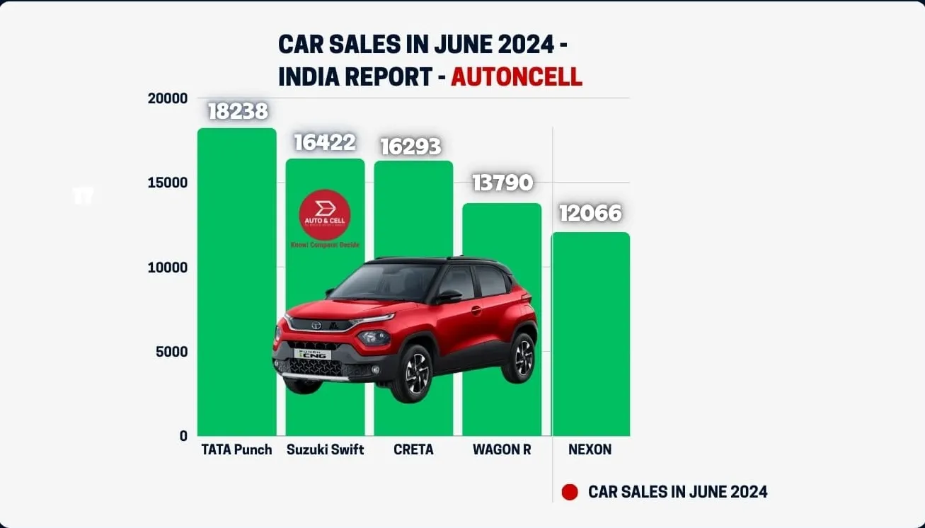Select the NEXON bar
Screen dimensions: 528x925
click(x=590, y=333)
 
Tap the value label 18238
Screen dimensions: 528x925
click(x=238, y=111)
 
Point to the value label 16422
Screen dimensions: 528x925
click(x=325, y=142)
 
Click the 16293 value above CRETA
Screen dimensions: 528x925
click(x=410, y=146)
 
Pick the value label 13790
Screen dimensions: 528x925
click(x=502, y=183)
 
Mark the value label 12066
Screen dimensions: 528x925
click(x=590, y=213)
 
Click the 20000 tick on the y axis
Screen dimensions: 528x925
click(x=168, y=98)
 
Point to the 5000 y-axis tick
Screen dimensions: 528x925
click(x=172, y=352)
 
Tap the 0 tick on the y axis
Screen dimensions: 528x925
click(x=183, y=436)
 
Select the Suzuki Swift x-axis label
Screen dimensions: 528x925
click(x=326, y=449)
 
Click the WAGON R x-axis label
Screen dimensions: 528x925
click(x=502, y=449)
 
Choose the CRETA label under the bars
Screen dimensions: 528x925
click(x=413, y=449)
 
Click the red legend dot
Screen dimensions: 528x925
click(x=570, y=492)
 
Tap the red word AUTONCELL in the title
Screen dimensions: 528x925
click(x=517, y=76)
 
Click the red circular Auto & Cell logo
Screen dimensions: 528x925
click(x=325, y=214)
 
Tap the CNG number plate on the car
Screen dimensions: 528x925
click(x=312, y=353)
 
